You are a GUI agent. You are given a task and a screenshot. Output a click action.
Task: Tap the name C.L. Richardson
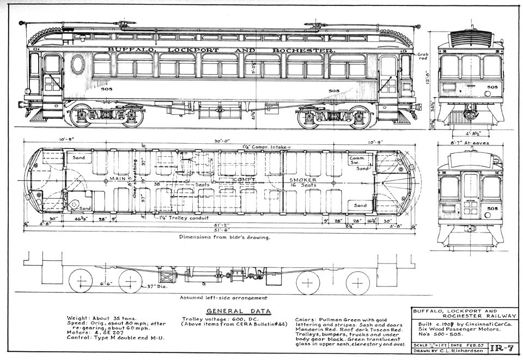point(461,352)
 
